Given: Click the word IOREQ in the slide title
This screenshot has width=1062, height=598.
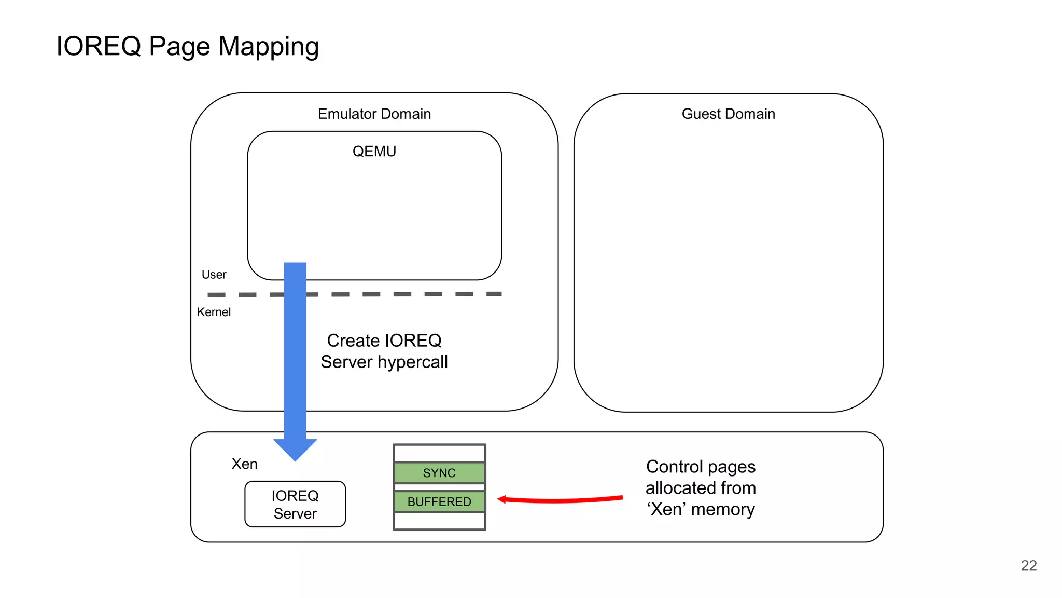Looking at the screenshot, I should tap(99, 46).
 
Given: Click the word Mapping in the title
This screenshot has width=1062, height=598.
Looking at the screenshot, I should tap(268, 47).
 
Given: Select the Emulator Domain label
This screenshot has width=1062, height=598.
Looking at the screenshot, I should tap(374, 114).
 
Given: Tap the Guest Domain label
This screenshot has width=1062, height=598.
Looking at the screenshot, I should tap(728, 114).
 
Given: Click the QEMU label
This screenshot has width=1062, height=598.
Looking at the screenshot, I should tap(374, 151).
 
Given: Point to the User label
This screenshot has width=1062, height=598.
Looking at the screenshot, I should tap(214, 275).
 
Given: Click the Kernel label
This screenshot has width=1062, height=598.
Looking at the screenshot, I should tap(214, 312).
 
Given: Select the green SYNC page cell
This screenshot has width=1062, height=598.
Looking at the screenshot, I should tap(439, 473).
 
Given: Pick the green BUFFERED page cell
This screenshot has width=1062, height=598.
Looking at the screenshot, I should tap(439, 501).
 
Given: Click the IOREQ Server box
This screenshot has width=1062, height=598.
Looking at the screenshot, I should tap(295, 504).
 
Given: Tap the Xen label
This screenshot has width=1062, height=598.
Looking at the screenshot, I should tap(244, 464).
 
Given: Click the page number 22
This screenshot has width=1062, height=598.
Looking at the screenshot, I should tap(1028, 565).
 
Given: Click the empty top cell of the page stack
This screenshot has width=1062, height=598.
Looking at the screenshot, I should tap(439, 453).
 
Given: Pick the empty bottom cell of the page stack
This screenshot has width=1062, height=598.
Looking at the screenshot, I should tap(439, 521).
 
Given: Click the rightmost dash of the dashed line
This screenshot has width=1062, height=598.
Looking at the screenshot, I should tap(494, 294).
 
